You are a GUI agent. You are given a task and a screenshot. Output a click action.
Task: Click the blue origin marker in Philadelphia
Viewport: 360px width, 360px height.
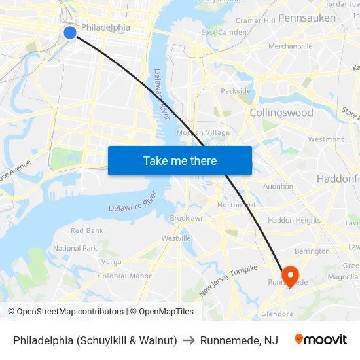(70, 33)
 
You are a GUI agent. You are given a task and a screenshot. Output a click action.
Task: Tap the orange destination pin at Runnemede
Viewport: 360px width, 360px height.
(289, 275)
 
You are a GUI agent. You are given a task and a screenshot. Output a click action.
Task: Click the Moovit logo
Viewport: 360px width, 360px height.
(321, 340)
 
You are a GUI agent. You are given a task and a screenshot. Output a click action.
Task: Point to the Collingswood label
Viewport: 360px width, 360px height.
(281, 113)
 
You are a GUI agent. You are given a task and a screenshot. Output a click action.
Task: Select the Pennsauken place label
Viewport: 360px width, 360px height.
(306, 18)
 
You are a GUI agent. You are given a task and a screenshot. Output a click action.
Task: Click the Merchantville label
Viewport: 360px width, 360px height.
(290, 46)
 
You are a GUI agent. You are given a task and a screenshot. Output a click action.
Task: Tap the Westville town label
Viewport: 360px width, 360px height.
(176, 238)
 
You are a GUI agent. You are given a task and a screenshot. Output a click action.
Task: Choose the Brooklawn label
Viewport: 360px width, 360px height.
(187, 218)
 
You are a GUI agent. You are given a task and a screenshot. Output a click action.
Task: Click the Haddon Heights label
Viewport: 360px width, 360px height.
(294, 221)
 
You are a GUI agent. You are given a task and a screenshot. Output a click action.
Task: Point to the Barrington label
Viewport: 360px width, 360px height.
(312, 251)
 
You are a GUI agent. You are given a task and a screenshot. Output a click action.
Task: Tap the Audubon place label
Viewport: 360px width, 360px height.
(278, 187)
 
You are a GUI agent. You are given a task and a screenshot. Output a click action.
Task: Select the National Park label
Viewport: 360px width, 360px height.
(75, 249)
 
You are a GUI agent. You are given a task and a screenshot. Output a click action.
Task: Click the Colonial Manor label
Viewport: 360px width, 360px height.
(124, 276)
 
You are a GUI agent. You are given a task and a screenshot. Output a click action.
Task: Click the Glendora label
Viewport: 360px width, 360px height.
(277, 314)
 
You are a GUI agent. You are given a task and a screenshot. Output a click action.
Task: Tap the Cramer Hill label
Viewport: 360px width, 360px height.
(255, 21)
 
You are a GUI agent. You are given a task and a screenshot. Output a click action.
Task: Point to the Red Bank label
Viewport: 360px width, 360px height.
(87, 231)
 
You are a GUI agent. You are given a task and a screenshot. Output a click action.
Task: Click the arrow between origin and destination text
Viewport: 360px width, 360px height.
(189, 340)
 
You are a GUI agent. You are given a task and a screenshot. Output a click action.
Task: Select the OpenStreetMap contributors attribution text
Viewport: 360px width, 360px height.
(66, 312)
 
